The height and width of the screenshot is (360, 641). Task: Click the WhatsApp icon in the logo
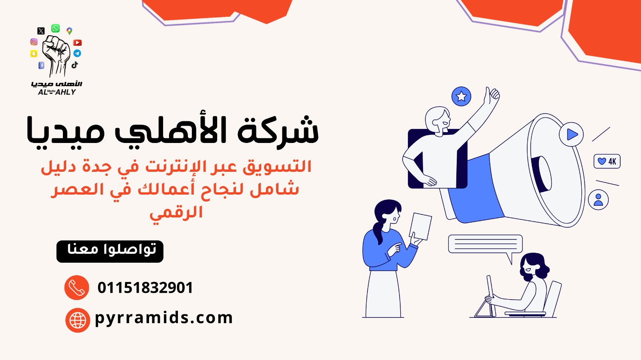click(x=56, y=28)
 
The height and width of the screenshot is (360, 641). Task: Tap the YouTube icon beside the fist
click(x=77, y=42)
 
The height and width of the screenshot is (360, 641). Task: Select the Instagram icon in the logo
click(x=34, y=42)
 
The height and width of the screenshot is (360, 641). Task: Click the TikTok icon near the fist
click(x=75, y=64)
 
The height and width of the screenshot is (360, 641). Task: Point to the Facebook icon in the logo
click(x=42, y=66)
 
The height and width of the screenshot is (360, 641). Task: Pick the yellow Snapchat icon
click(x=34, y=54)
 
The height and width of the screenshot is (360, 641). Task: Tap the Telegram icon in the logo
click(x=77, y=53)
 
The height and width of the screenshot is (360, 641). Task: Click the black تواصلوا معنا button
click(x=110, y=251)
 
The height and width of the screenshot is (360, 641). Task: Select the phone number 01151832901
click(x=145, y=288)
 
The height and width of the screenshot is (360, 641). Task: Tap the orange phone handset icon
click(x=77, y=288)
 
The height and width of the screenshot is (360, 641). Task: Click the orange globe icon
click(x=78, y=320)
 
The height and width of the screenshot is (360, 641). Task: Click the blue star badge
click(x=461, y=97)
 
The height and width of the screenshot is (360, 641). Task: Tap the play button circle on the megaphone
click(x=571, y=135)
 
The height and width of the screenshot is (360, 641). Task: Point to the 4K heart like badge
click(x=607, y=161)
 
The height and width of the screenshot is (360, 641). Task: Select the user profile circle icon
click(x=599, y=199)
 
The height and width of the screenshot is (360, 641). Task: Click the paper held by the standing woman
click(x=420, y=227)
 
